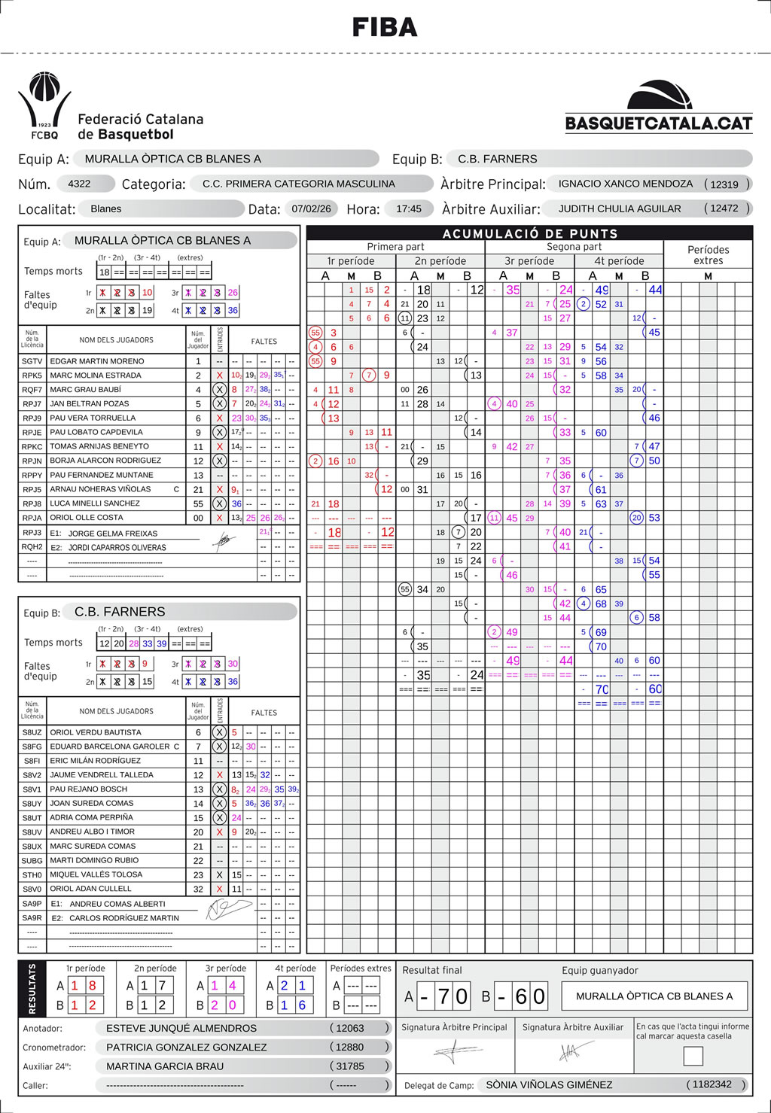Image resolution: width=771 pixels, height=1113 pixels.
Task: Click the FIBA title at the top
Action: pos(385,28)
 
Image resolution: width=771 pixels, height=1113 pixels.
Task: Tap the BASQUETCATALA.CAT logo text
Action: pos(659,123)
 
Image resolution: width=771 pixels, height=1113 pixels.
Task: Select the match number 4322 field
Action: pos(79,184)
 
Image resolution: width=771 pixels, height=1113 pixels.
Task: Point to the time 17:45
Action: pos(409,208)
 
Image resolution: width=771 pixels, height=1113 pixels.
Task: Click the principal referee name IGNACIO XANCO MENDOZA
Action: pos(626,184)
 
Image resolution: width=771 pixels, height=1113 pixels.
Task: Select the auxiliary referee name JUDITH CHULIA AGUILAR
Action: pos(620,208)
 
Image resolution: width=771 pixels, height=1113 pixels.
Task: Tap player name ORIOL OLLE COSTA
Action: pos(87,517)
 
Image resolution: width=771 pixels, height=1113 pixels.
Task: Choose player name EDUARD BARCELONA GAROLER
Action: pos(110,747)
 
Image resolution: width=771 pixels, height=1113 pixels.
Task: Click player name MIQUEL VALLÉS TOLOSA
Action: pos(96,874)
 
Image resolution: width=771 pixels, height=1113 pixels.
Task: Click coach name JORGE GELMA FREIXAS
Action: pos(113,534)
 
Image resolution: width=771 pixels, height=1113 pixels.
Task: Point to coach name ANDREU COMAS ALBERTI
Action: pos(117,904)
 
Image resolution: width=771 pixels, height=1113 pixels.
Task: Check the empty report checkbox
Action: pos(693,1057)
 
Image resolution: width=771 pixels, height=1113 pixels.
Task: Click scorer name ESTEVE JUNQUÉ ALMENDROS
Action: pos(181,1028)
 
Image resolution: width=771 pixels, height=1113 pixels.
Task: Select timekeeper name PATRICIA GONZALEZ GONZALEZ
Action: pos(187,1047)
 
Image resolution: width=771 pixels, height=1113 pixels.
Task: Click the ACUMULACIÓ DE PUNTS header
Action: pos(530,233)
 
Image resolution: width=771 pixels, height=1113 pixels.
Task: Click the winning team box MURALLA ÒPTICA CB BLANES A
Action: pos(654,996)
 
